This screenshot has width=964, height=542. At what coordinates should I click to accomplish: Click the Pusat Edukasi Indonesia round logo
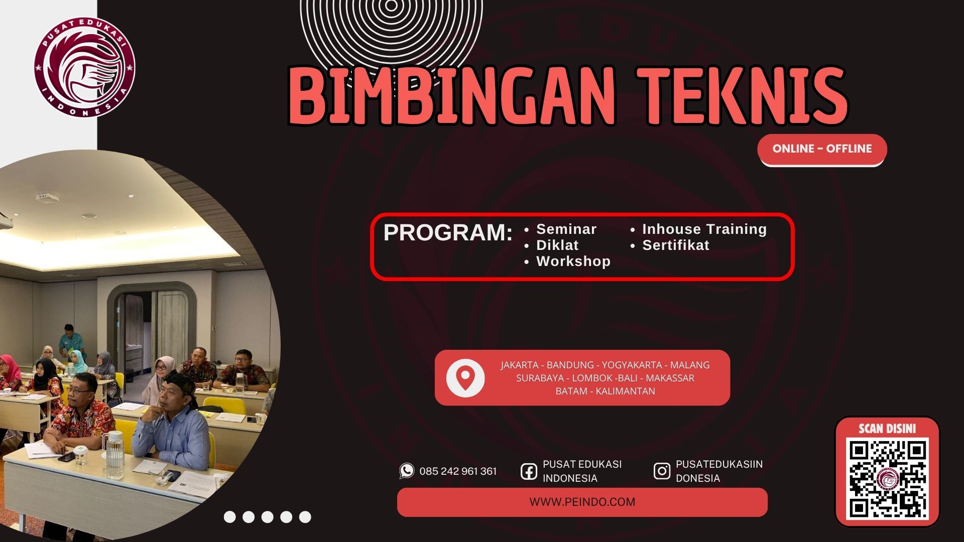coord(84,67)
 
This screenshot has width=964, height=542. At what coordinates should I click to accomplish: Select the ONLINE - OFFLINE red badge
coord(822,150)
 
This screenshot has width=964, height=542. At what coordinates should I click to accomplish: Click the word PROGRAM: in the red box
coord(448,232)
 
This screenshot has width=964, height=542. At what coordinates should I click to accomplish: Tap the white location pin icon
coord(465,378)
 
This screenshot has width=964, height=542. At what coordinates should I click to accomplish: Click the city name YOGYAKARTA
coord(632,365)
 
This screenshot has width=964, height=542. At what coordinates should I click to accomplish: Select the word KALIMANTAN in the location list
coord(625,391)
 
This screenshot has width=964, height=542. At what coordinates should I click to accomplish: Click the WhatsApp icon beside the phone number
coord(407,471)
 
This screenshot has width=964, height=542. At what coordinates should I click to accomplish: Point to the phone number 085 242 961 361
coord(458,471)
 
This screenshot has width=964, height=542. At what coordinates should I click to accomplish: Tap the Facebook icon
coord(529,471)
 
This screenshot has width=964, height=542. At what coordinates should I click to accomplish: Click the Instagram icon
coord(662,471)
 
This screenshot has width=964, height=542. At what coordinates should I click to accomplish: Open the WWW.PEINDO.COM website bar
coord(582,502)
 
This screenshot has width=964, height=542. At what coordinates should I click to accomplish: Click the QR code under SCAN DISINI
coord(887,479)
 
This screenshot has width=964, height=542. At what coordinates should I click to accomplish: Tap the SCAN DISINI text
coord(887,429)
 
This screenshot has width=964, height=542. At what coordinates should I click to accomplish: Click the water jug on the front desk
coord(114,455)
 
